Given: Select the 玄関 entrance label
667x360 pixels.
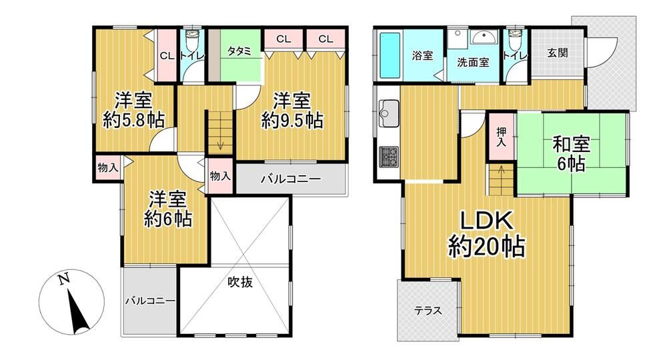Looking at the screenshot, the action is (558, 53).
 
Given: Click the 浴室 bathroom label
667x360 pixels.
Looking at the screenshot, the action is (422, 56).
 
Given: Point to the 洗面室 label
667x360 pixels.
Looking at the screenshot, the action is (473, 63).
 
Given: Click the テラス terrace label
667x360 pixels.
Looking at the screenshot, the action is (428, 311).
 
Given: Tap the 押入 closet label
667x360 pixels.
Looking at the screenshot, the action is (501, 137).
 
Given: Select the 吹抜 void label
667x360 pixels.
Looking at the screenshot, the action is (240, 282).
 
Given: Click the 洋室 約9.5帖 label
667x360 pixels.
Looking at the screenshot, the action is (292, 111).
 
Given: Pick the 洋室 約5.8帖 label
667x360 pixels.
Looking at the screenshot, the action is (133, 111).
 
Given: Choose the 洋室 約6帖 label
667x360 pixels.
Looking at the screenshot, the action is (167, 209).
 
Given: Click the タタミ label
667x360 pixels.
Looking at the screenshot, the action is (239, 51).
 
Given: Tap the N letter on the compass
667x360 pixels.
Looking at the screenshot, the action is (64, 279).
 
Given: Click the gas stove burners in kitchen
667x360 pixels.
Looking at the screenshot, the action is (389, 157).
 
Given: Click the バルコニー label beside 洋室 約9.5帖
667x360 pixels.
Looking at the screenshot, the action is (291, 179).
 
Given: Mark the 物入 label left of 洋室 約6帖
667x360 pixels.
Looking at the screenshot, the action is (107, 167).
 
